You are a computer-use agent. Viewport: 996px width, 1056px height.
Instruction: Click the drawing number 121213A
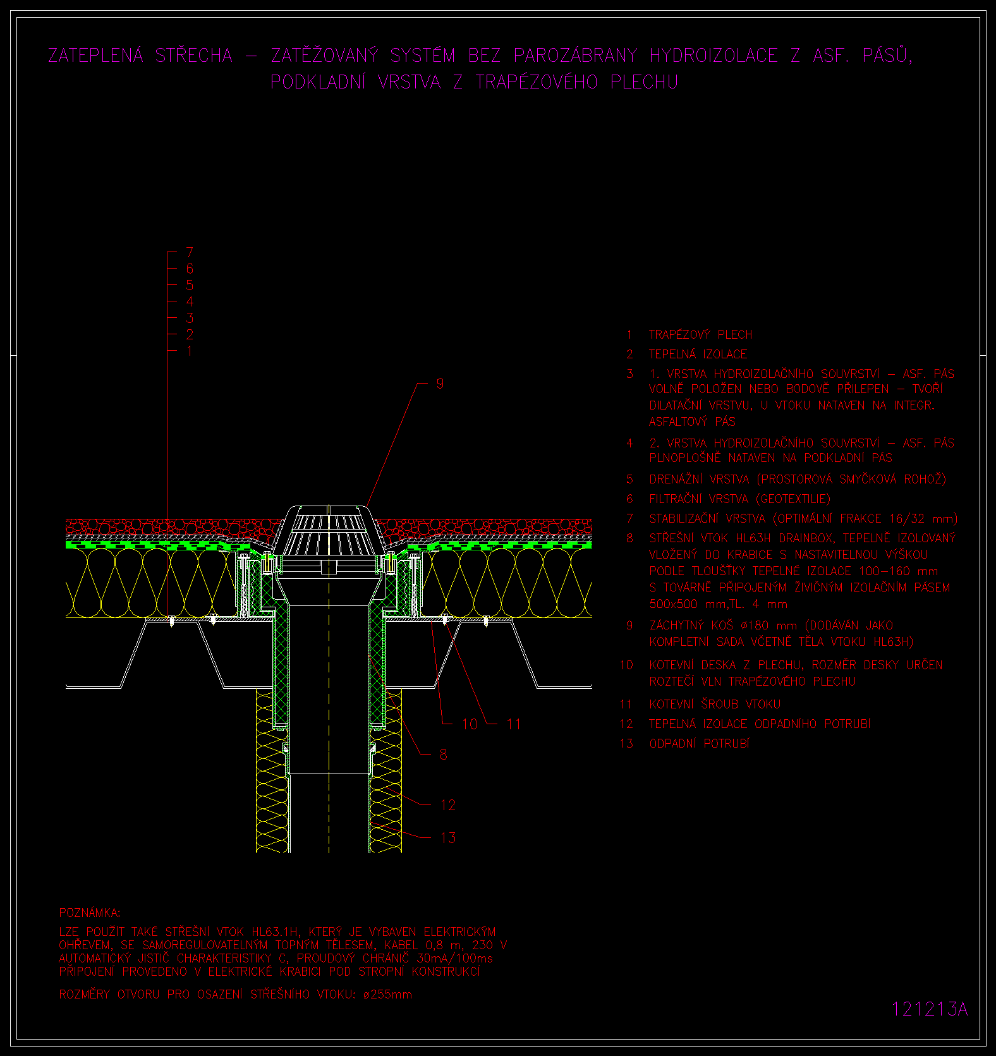click(930, 1009)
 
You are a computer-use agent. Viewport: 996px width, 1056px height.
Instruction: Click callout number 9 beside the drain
click(440, 384)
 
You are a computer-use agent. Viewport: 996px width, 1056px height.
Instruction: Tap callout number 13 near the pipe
click(448, 838)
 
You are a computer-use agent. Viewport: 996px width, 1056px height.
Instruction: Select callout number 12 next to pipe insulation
click(448, 805)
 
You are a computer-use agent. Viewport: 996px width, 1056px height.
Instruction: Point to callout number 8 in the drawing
click(443, 755)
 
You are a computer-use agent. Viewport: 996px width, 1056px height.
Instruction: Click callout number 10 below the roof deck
click(470, 724)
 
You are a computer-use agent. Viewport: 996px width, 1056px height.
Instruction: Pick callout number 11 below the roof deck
click(514, 724)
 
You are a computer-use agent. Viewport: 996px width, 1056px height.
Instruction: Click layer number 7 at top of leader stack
click(190, 253)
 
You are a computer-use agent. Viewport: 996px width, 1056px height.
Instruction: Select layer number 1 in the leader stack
click(190, 351)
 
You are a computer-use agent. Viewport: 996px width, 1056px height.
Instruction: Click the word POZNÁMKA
click(89, 913)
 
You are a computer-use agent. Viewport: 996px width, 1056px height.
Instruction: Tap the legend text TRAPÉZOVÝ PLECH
click(700, 334)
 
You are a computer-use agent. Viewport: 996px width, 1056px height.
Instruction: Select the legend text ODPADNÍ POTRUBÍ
click(699, 744)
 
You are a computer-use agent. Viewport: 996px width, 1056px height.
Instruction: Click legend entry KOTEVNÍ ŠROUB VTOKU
click(715, 705)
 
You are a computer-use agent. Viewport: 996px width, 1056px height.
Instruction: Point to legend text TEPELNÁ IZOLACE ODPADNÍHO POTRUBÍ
click(760, 724)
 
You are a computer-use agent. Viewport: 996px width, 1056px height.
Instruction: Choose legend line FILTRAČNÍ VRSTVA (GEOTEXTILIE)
click(739, 499)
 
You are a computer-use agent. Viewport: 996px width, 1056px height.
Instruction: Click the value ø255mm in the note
click(387, 995)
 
